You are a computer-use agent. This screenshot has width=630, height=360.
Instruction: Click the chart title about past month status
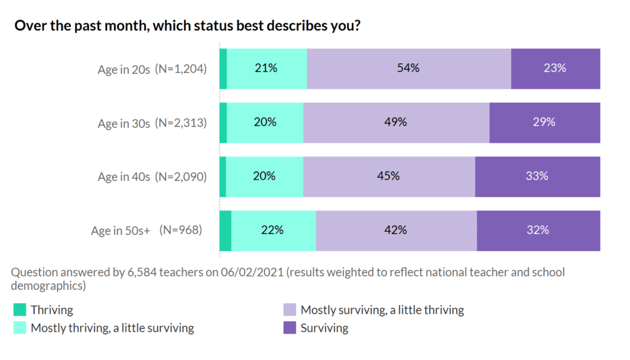(187, 26)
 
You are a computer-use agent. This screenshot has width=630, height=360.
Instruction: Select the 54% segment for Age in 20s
(409, 68)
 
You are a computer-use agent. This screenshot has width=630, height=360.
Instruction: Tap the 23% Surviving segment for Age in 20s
(555, 68)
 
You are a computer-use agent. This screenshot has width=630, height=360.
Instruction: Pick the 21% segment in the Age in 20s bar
(266, 68)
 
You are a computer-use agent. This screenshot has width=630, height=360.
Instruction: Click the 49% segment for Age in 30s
(396, 122)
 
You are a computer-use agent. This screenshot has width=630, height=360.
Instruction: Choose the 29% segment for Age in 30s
(544, 122)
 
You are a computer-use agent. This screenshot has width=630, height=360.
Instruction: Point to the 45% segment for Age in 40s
(389, 177)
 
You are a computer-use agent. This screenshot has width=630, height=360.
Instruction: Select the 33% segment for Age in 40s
(537, 177)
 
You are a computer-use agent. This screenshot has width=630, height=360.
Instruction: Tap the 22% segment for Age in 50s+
(273, 230)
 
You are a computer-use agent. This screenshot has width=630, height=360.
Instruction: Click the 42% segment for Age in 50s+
(396, 230)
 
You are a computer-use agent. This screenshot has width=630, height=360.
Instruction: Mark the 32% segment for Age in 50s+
(538, 230)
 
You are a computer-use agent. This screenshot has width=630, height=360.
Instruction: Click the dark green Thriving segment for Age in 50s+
(226, 230)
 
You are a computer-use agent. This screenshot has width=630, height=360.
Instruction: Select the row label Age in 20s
(124, 70)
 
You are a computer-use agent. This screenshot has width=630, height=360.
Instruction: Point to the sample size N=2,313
(181, 123)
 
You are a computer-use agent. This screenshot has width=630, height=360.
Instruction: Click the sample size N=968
(181, 231)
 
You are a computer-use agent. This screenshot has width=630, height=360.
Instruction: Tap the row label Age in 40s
(124, 177)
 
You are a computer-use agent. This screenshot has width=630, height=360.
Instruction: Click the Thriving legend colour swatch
(20, 310)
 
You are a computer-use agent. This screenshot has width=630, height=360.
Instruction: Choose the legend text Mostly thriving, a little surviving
(112, 328)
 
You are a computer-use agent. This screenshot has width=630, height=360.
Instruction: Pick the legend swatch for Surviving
(289, 328)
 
